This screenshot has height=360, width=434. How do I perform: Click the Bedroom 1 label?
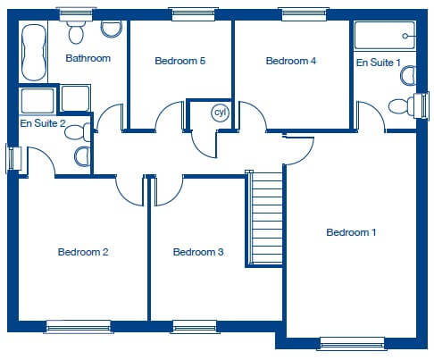[x=351, y=232]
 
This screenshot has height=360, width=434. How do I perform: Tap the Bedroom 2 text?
[x=83, y=252]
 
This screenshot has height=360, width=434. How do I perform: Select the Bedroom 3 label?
[x=198, y=252]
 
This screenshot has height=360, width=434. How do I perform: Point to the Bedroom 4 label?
[x=291, y=61]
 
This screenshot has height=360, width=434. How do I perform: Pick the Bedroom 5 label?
[x=180, y=61]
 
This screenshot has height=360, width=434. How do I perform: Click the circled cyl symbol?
[x=221, y=113]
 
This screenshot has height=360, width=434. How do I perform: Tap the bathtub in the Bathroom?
[x=34, y=53]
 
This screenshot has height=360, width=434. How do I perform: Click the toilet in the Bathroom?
[x=76, y=32]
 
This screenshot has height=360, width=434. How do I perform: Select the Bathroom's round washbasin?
[x=112, y=29]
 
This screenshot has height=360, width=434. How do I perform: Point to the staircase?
[x=264, y=218]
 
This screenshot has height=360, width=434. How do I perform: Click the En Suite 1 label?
[x=379, y=63]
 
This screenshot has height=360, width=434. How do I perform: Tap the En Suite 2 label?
[x=43, y=123]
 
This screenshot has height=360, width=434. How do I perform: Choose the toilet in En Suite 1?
[x=402, y=106]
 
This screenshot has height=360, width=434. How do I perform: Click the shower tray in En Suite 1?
[x=385, y=35]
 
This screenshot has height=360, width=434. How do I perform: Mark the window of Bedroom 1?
[x=352, y=343]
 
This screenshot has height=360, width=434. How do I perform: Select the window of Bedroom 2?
[x=79, y=327]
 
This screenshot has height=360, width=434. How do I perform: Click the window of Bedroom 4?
[x=304, y=14]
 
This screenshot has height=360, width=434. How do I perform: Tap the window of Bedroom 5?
[x=194, y=14]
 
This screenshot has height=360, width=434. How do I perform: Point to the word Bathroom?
[x=88, y=58]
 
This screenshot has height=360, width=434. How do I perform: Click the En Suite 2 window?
[x=13, y=159]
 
